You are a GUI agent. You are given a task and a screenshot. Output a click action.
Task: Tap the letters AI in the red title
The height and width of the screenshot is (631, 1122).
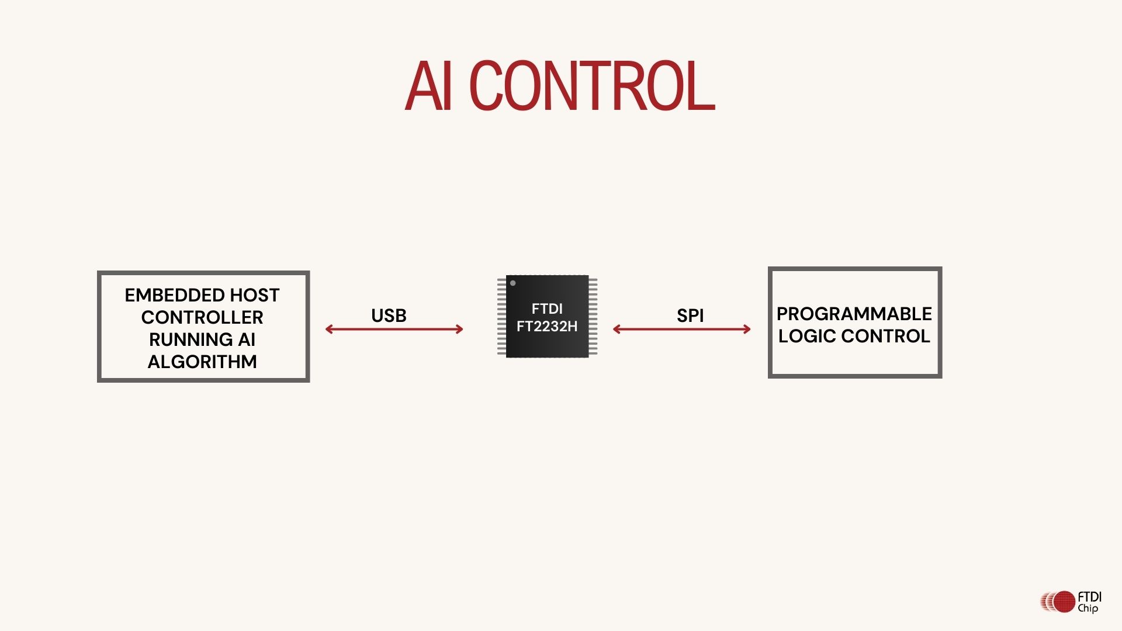pyautogui.click(x=429, y=86)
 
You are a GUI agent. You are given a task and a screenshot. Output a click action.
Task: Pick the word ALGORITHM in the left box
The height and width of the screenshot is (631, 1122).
pyautogui.click(x=202, y=362)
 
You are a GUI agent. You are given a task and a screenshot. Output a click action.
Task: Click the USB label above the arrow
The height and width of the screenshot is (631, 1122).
pyautogui.click(x=389, y=315)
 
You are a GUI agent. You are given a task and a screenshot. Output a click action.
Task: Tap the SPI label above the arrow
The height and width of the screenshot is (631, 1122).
pyautogui.click(x=690, y=315)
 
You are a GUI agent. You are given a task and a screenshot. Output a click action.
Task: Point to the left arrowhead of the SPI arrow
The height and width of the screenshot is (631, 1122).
pyautogui.click(x=617, y=330)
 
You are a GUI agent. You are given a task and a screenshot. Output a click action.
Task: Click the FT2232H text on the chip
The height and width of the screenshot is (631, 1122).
pyautogui.click(x=547, y=326)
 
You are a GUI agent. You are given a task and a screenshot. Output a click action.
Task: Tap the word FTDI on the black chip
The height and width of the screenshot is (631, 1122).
pyautogui.click(x=547, y=308)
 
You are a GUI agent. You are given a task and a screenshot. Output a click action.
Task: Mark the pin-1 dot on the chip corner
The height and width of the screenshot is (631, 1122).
pyautogui.click(x=512, y=283)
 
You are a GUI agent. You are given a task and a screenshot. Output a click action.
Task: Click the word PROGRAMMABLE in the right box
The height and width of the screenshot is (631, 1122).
pyautogui.click(x=854, y=314)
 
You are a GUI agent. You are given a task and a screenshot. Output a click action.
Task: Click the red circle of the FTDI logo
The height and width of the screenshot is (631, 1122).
pyautogui.click(x=1064, y=601)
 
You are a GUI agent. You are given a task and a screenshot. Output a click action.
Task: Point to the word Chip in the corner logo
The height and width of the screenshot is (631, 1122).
pyautogui.click(x=1088, y=608)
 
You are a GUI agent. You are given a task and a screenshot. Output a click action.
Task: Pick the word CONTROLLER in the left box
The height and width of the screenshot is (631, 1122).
pyautogui.click(x=202, y=317)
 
